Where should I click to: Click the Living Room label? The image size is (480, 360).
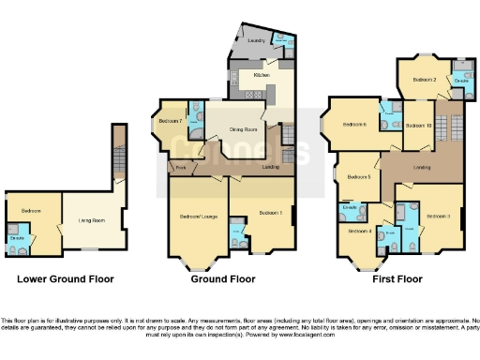click(x=92, y=221)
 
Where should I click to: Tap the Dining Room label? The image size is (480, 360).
click(x=245, y=129)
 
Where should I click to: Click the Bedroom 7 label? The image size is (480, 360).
click(x=170, y=121)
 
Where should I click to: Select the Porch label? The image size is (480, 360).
click(x=180, y=168)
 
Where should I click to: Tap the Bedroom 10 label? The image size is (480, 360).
click(x=418, y=125)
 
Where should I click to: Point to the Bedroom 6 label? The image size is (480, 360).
click(x=354, y=125)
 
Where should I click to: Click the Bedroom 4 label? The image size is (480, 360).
click(x=359, y=231)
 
